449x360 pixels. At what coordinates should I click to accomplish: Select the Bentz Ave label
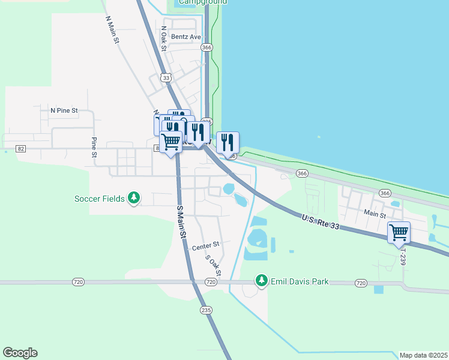click(185, 37)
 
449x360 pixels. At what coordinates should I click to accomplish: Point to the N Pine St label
click(64, 110)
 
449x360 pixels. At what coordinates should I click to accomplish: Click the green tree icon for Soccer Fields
click(135, 197)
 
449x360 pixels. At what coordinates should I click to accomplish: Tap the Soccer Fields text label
click(100, 198)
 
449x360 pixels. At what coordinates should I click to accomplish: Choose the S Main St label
click(181, 222)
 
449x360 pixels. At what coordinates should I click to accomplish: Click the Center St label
click(206, 245)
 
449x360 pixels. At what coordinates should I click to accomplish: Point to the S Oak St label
click(214, 265)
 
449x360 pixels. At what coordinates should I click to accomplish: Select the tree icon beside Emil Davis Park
click(261, 280)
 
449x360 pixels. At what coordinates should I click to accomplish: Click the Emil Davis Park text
click(298, 281)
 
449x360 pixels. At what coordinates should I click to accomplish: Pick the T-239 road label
click(403, 256)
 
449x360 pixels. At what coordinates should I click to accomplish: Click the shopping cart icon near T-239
click(399, 232)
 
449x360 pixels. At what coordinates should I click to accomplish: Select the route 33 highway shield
click(166, 77)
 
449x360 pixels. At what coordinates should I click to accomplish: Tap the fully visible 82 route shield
click(21, 148)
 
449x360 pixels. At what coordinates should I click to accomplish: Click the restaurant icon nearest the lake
click(228, 142)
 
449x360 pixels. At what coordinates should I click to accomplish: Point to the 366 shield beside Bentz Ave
click(207, 47)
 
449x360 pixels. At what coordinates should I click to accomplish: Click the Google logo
click(20, 353)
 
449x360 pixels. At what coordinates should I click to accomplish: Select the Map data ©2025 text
click(423, 355)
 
